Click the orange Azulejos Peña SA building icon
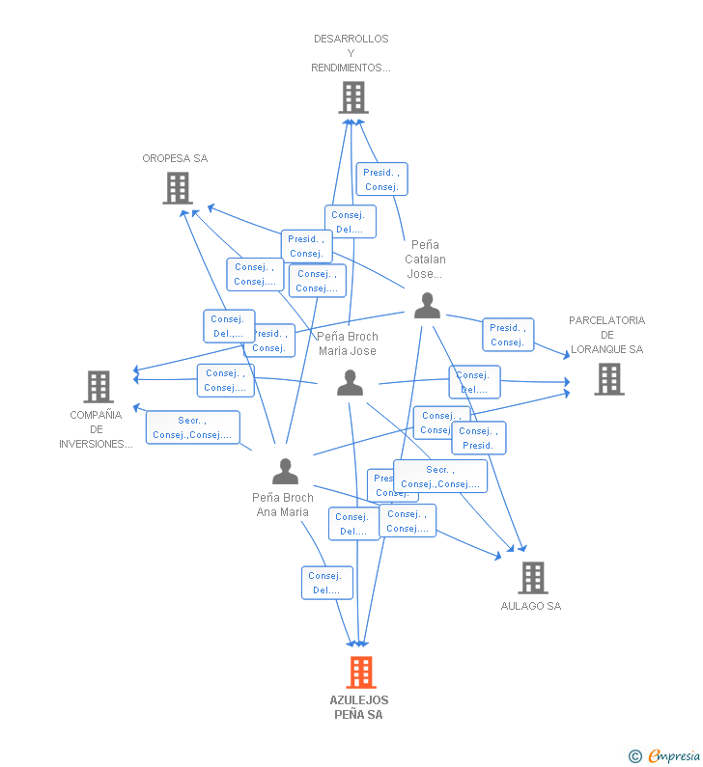click(360, 672)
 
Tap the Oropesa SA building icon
click(178, 188)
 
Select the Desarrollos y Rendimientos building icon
click(353, 97)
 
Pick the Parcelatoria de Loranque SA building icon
click(609, 379)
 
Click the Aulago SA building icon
click(532, 578)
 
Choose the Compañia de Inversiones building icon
click(98, 387)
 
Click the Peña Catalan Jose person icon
click(427, 306)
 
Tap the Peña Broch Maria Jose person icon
click(350, 383)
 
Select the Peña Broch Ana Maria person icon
click(285, 471)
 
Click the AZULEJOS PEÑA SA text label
click(359, 707)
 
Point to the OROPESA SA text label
click(175, 159)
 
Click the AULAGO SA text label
click(531, 607)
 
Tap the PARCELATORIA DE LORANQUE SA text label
click(606, 335)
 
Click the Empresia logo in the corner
click(664, 756)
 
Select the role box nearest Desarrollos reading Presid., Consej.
click(381, 179)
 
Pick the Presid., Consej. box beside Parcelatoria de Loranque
click(507, 335)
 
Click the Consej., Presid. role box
click(478, 438)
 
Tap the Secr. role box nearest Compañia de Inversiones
click(192, 427)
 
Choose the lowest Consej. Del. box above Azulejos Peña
click(326, 583)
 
